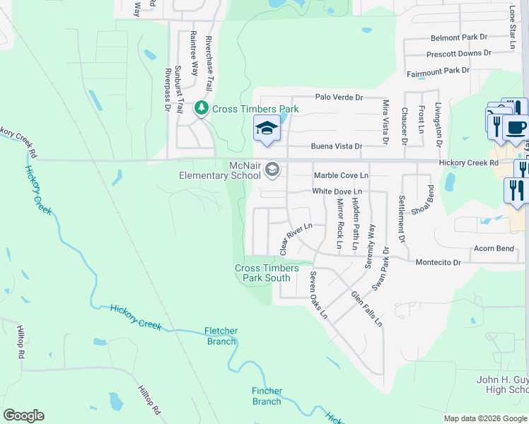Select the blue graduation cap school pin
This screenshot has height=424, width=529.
click(267, 129)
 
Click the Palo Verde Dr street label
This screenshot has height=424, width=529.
click(339, 98)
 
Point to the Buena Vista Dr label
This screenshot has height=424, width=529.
click(337, 147)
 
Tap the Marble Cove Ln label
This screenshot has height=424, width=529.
click(341, 175)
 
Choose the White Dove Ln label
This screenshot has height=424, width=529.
click(337, 192)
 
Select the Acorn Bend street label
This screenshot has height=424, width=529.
click(494, 249)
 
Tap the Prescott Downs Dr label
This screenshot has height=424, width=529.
click(458, 54)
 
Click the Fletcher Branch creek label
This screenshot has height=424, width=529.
click(221, 336)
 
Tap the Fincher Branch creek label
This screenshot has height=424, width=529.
click(267, 396)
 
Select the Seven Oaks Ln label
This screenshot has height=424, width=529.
click(318, 295)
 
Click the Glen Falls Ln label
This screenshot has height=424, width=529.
click(366, 309)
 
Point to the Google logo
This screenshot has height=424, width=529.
click(24, 416)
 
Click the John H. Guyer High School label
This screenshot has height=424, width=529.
click(503, 384)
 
